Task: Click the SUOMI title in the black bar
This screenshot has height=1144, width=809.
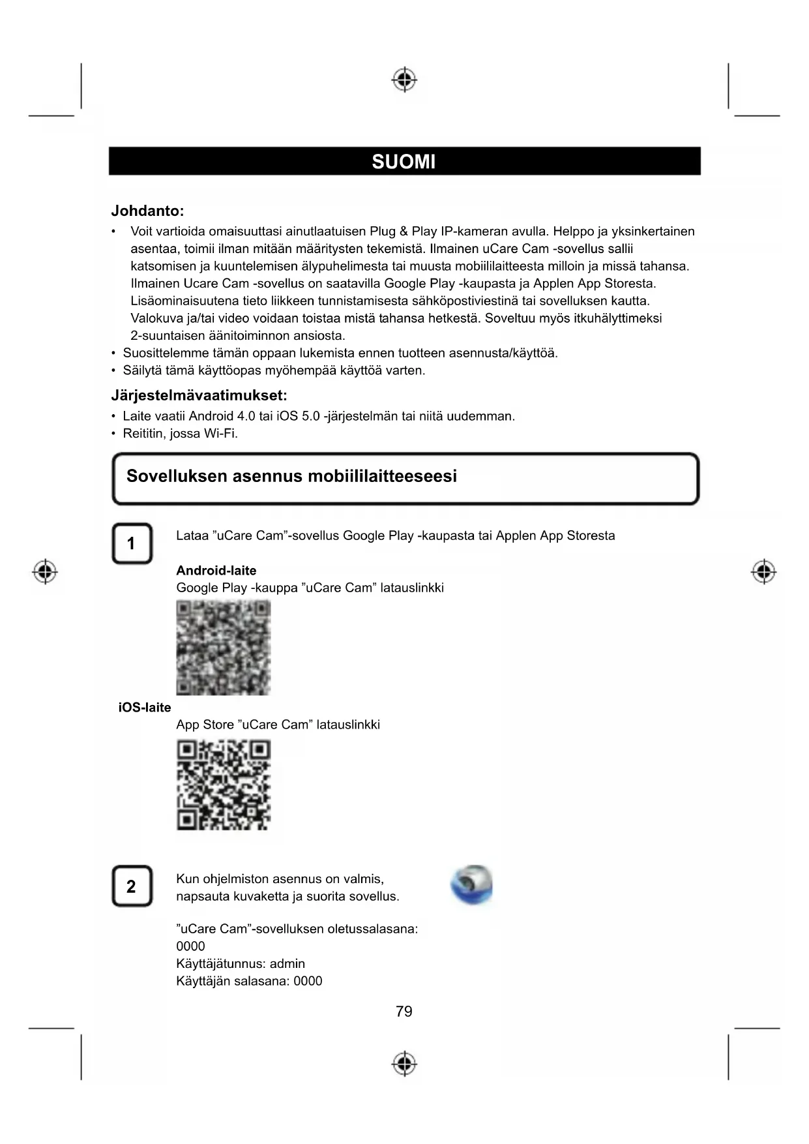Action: [x=404, y=162]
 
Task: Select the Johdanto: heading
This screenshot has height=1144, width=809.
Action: [x=147, y=211]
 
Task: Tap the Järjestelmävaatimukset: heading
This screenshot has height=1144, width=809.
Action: [x=199, y=395]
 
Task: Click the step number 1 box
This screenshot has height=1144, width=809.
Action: [x=132, y=543]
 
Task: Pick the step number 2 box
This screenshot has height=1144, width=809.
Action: [x=132, y=886]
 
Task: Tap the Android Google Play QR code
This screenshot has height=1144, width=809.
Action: [x=223, y=648]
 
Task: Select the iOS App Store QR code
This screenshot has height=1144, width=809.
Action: [x=223, y=785]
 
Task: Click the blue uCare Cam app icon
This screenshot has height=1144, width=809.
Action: [x=471, y=885]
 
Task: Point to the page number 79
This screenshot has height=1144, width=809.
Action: [x=404, y=1012]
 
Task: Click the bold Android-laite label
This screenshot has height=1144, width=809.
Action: [x=216, y=571]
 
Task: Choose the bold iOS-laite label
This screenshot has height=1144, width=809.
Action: [x=145, y=708]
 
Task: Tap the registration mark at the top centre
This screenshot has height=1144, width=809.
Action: [x=404, y=80]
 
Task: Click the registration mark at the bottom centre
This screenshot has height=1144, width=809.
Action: [x=404, y=1063]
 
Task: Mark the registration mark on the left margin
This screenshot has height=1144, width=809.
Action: [x=45, y=572]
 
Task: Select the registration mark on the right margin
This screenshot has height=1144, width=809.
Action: [x=763, y=572]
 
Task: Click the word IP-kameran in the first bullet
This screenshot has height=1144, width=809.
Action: [x=474, y=232]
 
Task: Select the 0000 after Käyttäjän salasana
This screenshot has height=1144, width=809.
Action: [x=308, y=982]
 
